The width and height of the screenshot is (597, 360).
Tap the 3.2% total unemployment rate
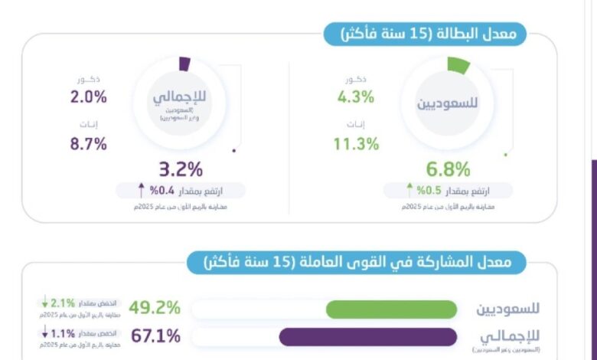181,169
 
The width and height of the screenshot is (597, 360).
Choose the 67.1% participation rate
155,335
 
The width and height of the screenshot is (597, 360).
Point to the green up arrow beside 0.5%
409,189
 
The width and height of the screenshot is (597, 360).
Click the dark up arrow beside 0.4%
142,189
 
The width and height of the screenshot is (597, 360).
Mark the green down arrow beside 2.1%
45,304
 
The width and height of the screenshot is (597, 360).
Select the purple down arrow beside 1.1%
45,332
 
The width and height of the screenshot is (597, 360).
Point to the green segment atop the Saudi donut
458,66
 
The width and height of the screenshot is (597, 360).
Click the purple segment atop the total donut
184,64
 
